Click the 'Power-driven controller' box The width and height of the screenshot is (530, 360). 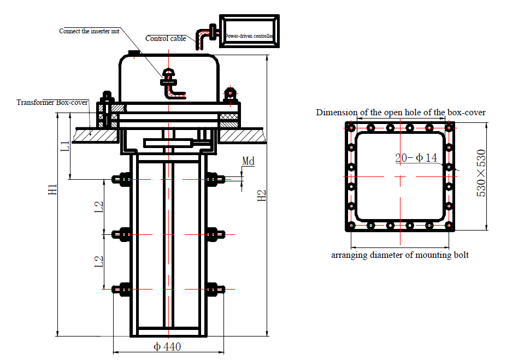coord(250,31)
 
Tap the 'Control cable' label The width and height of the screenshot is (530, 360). coord(166,39)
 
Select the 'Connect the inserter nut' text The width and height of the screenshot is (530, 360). coord(89,31)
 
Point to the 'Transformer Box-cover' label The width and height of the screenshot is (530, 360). coord(52,102)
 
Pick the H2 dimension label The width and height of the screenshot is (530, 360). coord(262,196)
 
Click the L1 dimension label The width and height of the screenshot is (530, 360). coord(65,146)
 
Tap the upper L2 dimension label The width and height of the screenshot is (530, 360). coord(99,207)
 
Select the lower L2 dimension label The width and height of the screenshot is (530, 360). coord(99,262)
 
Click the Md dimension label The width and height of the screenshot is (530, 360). coord(249,161)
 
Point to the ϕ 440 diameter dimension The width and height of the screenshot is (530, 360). coord(167,346)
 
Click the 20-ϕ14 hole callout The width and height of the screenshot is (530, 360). coord(416,157)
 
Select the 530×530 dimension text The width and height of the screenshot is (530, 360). coord(481,173)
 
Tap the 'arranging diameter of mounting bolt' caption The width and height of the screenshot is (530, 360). coord(400,255)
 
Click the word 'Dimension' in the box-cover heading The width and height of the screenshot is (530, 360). coord(332,112)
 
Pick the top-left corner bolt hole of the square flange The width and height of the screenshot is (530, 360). coord(351,128)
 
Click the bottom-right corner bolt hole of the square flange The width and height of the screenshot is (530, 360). coord(449,226)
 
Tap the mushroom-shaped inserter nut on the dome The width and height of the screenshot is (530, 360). coord(168,72)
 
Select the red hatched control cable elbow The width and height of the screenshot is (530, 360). coord(202,39)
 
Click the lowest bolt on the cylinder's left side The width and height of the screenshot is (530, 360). coord(121,290)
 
